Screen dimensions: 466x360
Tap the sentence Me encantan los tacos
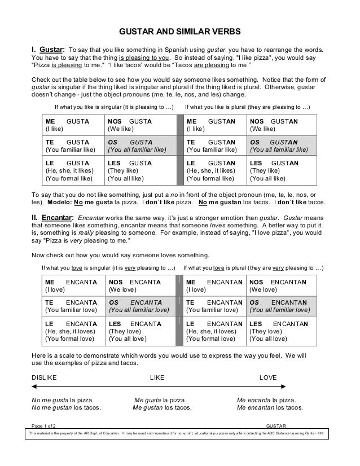click(x=270, y=407)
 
